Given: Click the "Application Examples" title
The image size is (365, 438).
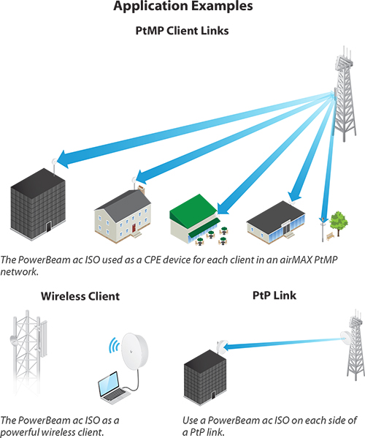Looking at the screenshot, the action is click(183, 6).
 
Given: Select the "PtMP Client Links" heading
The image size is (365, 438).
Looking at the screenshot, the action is click(182, 31).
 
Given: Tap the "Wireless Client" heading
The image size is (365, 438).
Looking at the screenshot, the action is click(80, 296).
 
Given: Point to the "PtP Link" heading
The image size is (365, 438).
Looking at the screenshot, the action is click(274, 295).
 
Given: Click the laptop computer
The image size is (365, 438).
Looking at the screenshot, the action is click(112, 388).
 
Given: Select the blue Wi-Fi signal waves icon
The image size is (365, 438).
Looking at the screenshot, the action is click(114, 345).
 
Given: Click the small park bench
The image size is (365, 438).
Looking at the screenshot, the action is click(331, 236).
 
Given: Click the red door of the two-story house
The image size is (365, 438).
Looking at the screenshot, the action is click(134, 227).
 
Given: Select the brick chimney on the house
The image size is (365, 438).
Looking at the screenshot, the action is click(142, 189).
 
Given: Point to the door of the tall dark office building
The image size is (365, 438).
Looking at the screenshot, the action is click(49, 227).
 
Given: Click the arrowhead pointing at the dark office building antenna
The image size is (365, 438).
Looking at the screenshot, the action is click(63, 159).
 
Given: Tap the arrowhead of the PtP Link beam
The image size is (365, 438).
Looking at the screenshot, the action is click(227, 347).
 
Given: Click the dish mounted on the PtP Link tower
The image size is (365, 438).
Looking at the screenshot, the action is click(346, 337).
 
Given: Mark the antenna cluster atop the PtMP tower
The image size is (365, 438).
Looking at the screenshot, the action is click(344, 61).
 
